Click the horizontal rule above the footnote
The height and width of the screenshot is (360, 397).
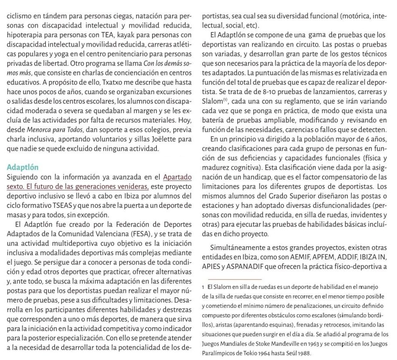234,279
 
